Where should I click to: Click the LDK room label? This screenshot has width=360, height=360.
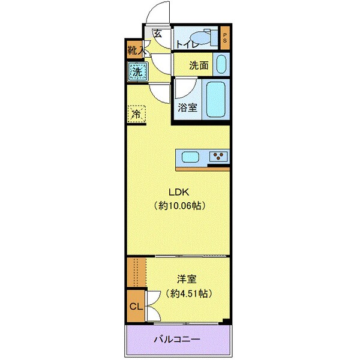pos(179,192)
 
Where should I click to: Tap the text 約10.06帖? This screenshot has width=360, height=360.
pos(179,206)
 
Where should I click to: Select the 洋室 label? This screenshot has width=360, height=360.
pos(186,279)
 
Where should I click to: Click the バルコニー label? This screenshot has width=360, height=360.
pos(178,340)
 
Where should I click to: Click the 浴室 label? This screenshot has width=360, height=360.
pos(187,108)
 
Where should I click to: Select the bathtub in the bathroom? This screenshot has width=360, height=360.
pos(215,99)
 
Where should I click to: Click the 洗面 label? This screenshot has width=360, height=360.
pos(200,65)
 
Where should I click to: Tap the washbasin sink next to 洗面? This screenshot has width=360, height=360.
pos(221,64)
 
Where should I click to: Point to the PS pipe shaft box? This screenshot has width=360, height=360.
pos(225,38)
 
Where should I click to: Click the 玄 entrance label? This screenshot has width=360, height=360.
pos(157,34)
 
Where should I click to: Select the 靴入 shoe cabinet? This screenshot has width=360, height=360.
pos(134,50)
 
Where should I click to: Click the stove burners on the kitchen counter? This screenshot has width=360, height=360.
pos(218,157)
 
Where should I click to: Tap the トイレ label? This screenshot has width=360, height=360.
pos(187,43)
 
